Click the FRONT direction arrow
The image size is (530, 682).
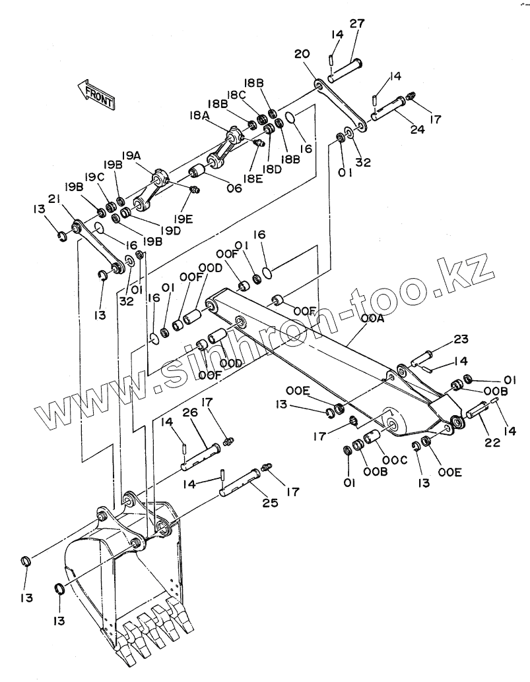(96, 93)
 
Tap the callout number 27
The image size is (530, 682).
(357, 24)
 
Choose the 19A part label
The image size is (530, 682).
(131, 156)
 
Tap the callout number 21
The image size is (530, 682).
(54, 200)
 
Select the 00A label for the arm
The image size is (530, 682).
(372, 319)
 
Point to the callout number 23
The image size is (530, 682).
(461, 340)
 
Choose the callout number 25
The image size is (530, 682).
(269, 504)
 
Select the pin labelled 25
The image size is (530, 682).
(240, 480)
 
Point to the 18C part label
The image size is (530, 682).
(236, 95)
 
